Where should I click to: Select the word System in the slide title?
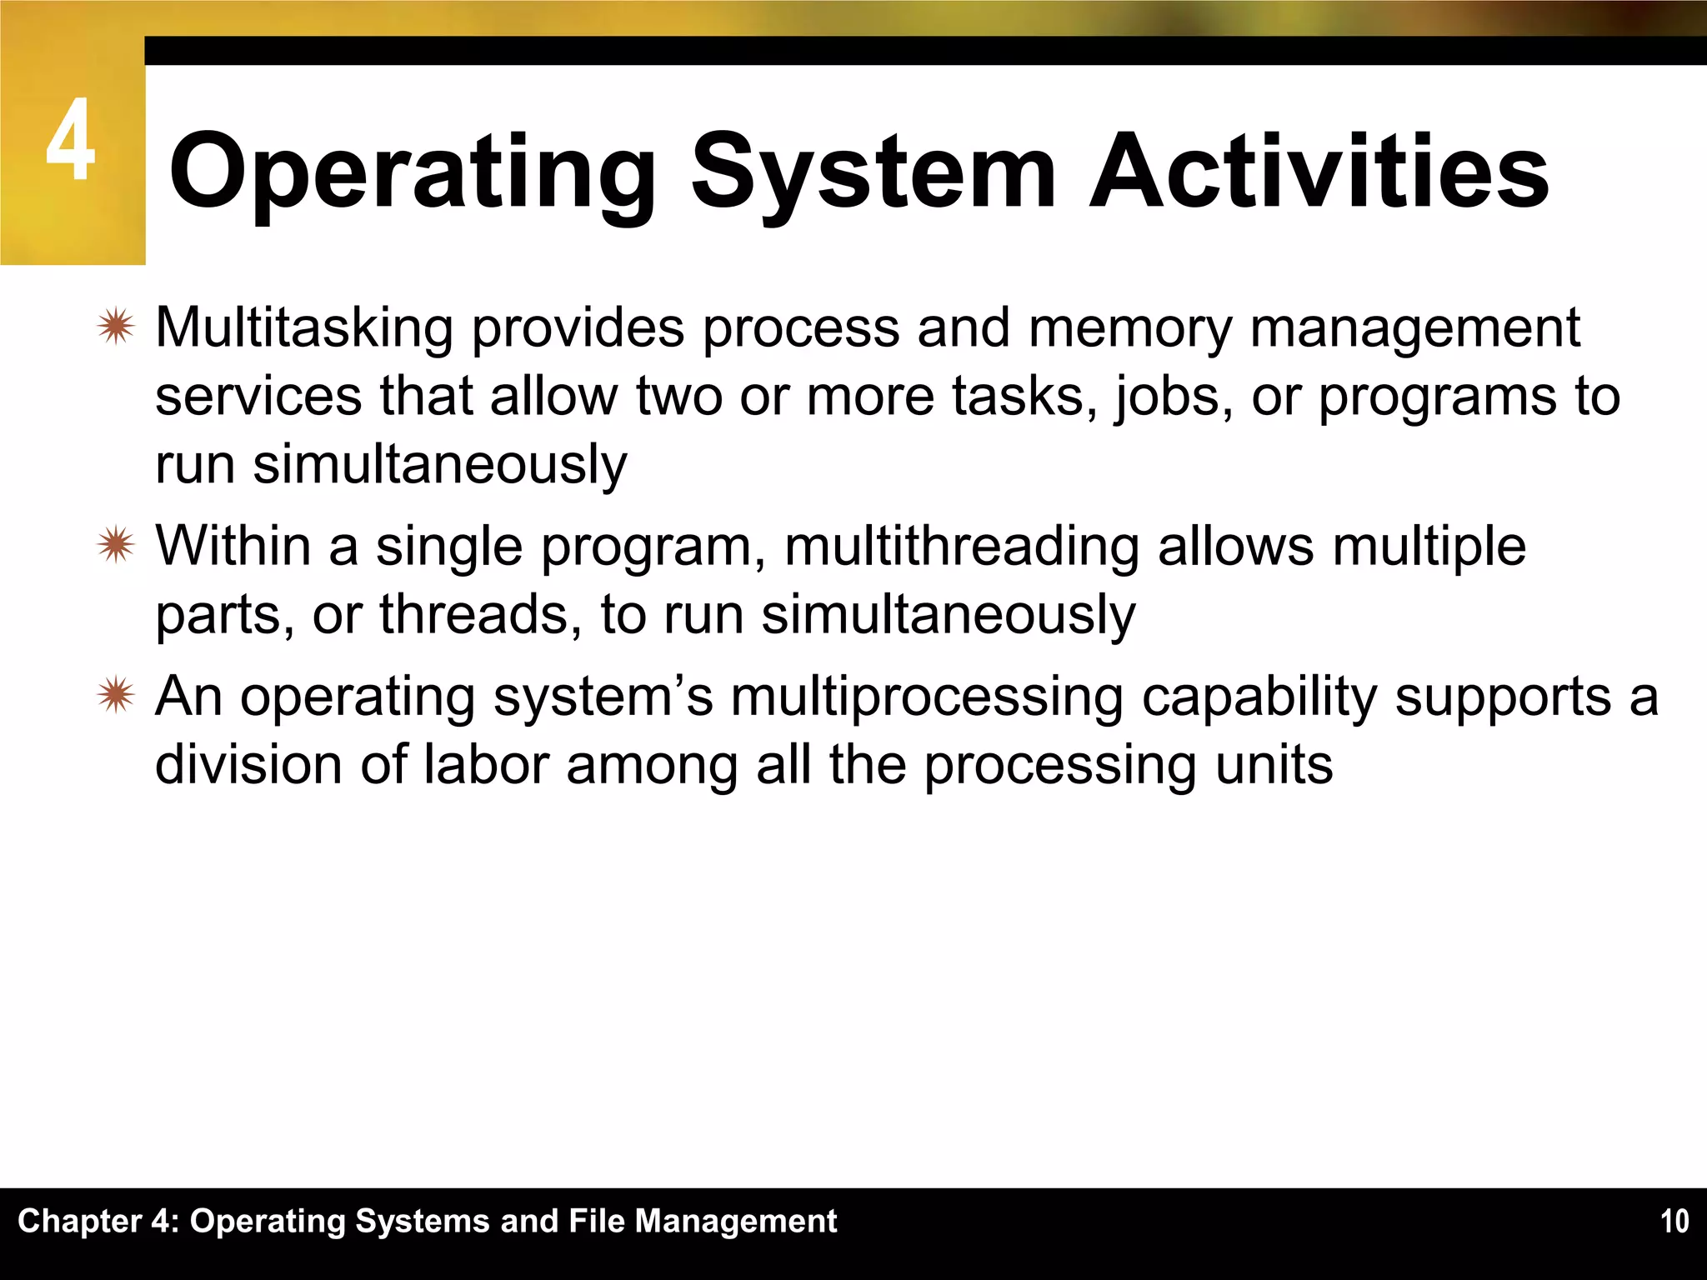click(x=873, y=172)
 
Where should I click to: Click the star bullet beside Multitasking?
click(x=115, y=327)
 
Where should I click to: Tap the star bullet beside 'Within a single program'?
click(x=115, y=546)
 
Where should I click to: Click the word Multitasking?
click(x=304, y=327)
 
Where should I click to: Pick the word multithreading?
click(x=961, y=547)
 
